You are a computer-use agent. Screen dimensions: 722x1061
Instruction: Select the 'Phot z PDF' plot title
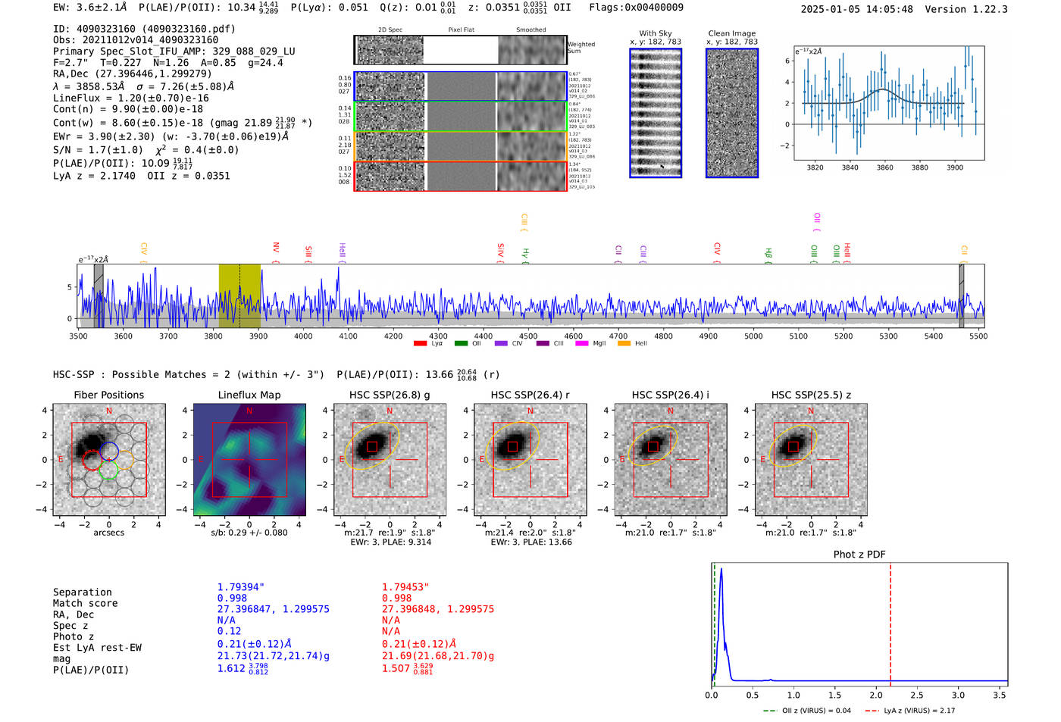859,555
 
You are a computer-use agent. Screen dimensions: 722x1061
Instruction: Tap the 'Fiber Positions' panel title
108,395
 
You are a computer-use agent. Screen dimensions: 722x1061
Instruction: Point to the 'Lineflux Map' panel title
249,395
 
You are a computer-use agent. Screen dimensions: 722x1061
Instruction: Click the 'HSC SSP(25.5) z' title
811,395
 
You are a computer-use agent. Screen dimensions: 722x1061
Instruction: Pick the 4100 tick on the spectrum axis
348,336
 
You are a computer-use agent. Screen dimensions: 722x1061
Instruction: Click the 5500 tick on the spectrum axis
978,336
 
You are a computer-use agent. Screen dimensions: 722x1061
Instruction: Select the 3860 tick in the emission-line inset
884,167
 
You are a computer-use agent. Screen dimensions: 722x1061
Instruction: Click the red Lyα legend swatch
420,344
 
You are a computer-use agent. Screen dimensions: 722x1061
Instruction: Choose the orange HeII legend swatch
624,344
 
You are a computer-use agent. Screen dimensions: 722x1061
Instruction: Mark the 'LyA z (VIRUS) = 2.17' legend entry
918,711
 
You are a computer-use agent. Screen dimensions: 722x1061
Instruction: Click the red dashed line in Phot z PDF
890,621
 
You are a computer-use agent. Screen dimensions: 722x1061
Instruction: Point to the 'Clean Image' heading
731,33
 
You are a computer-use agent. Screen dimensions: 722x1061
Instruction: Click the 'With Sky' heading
655,33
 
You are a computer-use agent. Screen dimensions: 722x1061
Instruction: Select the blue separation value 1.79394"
240,587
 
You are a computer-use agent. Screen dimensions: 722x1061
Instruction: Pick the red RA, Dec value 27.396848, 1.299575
437,609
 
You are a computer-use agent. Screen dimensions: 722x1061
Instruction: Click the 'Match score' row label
85,603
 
